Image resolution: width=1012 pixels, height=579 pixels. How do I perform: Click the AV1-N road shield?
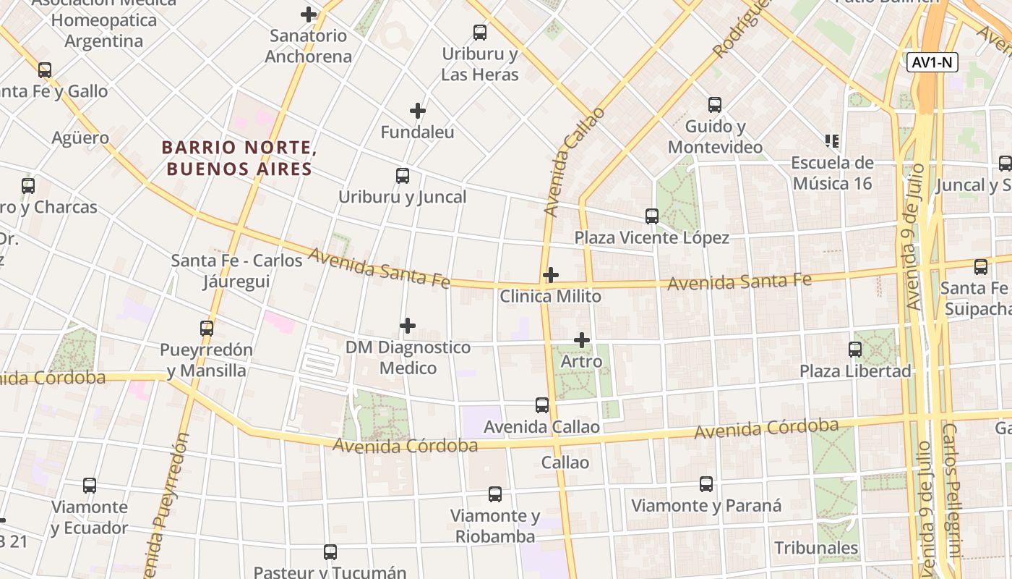click(932, 63)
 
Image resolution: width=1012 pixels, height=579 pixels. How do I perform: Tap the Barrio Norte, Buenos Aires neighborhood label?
click(239, 159)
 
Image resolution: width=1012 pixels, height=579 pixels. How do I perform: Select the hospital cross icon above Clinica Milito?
click(551, 275)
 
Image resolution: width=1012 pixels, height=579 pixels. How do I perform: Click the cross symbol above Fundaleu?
click(418, 111)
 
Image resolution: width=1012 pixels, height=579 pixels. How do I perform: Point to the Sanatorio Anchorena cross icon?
click(309, 14)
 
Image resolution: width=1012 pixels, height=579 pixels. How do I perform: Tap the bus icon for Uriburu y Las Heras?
click(480, 33)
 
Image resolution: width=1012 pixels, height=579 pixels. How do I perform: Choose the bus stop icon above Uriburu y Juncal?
click(403, 176)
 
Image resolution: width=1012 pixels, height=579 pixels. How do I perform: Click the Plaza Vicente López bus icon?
click(652, 216)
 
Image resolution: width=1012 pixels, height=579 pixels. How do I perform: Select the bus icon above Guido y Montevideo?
click(715, 105)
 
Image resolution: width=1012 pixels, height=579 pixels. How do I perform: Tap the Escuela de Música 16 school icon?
click(831, 140)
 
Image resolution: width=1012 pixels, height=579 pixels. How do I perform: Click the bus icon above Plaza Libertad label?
click(855, 350)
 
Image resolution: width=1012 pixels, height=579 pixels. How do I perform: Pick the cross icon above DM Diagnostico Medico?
click(408, 326)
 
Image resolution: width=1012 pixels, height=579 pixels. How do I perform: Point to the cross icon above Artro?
click(582, 340)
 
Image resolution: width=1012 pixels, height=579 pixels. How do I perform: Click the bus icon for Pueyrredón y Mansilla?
click(207, 329)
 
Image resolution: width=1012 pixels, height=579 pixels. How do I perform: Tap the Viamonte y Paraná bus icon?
click(706, 484)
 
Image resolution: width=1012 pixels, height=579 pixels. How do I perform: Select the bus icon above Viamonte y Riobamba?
click(495, 494)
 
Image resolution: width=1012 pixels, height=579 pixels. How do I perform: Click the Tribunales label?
click(816, 548)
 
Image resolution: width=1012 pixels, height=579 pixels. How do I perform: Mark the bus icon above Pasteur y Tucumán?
click(330, 552)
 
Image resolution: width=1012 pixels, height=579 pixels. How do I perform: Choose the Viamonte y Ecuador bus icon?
click(90, 486)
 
